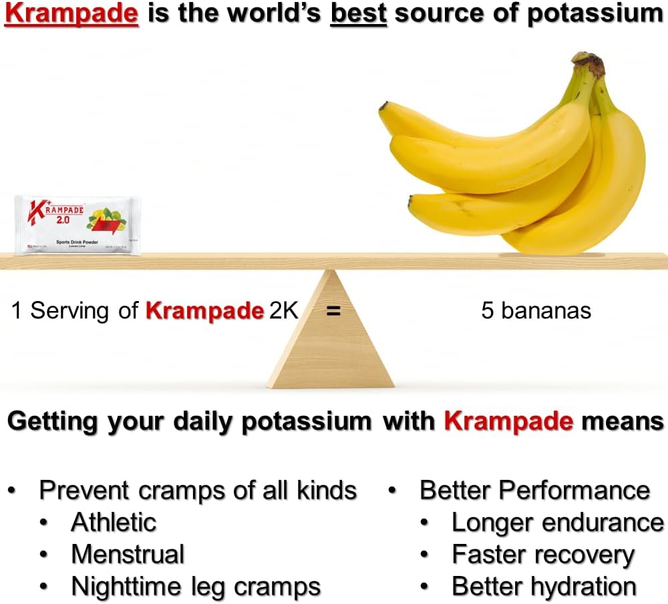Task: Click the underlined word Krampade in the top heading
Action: [x=71, y=14]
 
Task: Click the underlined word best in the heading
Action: [x=359, y=14]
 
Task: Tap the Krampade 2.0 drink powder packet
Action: [x=78, y=224]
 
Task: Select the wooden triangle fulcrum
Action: [x=331, y=340]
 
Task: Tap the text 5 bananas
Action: [x=536, y=311]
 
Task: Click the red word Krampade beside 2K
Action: [x=204, y=311]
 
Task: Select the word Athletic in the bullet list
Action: [x=114, y=522]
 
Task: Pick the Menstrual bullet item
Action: [x=128, y=554]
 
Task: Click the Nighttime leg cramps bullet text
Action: [x=196, y=587]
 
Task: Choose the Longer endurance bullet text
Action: [x=558, y=522]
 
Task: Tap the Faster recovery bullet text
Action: [x=542, y=554]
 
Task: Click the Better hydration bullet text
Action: [x=544, y=587]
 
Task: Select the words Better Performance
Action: [x=534, y=490]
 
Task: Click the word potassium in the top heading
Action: [x=595, y=15]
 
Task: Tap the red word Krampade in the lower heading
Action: [x=508, y=421]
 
